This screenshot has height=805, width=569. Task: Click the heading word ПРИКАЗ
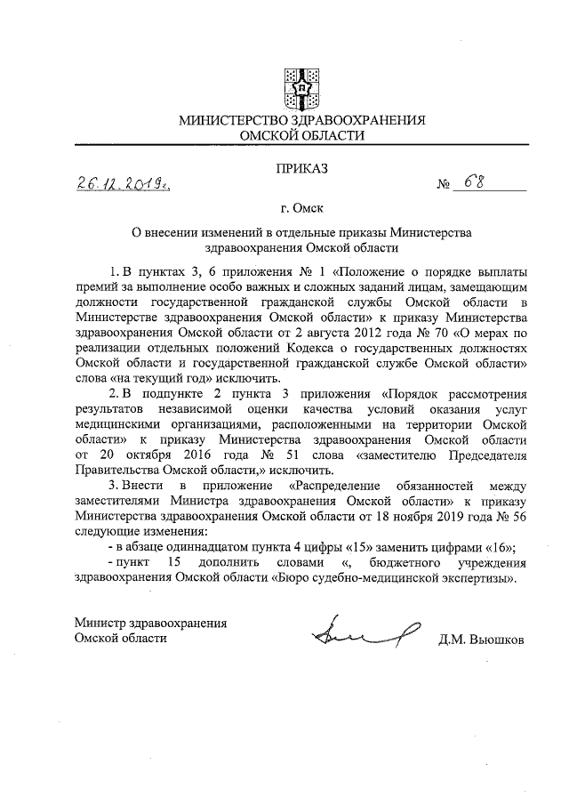click(x=303, y=167)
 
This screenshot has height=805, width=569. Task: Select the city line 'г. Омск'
click(x=302, y=210)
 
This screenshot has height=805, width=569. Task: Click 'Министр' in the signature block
click(x=101, y=624)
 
